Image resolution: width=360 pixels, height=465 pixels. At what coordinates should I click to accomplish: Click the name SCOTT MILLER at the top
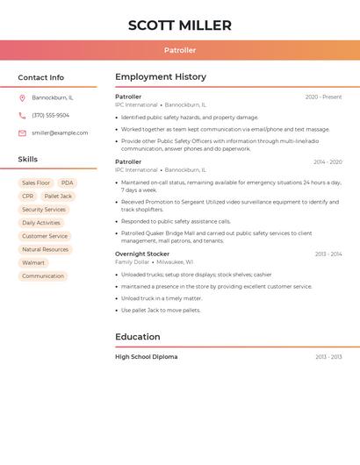pos(180,25)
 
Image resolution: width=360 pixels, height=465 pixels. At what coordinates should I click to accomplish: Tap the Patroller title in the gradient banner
pos(180,51)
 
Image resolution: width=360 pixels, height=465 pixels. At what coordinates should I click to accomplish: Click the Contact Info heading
pos(40,77)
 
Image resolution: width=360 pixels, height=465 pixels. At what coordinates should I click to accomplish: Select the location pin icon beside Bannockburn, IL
pos(22,98)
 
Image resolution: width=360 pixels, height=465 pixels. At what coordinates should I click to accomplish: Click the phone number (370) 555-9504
pos(51,115)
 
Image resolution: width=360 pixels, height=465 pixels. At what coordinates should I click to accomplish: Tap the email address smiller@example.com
pos(60,132)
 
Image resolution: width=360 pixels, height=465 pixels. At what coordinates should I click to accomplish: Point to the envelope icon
pos(22,132)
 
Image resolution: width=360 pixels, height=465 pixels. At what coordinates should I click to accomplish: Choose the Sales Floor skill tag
pos(36,182)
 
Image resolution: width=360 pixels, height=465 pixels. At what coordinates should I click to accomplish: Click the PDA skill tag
pos(68,182)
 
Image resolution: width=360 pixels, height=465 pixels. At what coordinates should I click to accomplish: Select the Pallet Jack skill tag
pos(58,197)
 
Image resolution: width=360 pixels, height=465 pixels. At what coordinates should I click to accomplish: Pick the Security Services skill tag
pos(44,210)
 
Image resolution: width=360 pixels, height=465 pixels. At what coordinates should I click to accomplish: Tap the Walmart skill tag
pos(33,262)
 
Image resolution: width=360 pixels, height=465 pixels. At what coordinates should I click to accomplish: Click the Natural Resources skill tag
pos(45,249)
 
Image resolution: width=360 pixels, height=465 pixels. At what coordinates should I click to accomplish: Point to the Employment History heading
pos(161,77)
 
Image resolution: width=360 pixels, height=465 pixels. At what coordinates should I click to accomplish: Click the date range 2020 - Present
pos(323,97)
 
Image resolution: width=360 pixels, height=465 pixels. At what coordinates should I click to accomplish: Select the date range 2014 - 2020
pos(328,162)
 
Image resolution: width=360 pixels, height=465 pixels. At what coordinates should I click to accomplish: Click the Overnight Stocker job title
pos(142,254)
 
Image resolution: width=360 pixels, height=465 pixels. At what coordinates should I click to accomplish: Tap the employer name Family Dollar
pos(132,261)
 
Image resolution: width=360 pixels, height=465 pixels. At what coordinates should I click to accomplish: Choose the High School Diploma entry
pos(146,357)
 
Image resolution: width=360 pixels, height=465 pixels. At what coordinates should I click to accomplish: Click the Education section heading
pos(138,337)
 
